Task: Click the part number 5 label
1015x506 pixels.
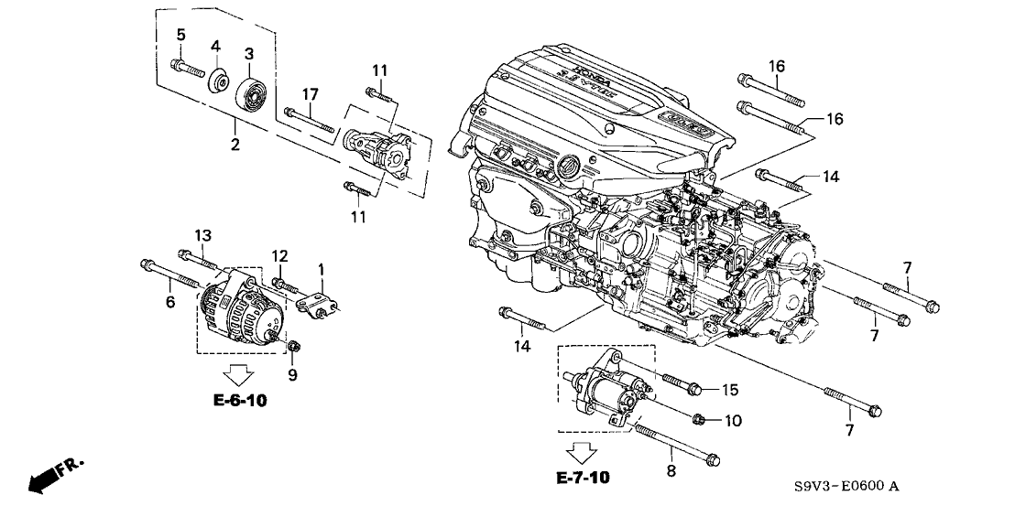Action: click(x=180, y=35)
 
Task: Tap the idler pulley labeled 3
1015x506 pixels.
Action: click(x=249, y=94)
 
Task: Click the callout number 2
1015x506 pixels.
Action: click(x=235, y=145)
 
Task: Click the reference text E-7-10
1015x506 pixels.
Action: click(x=582, y=478)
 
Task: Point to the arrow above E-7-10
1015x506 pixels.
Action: click(x=582, y=451)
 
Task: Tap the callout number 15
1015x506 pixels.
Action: click(x=729, y=390)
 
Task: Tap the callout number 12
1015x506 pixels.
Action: click(x=279, y=255)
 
